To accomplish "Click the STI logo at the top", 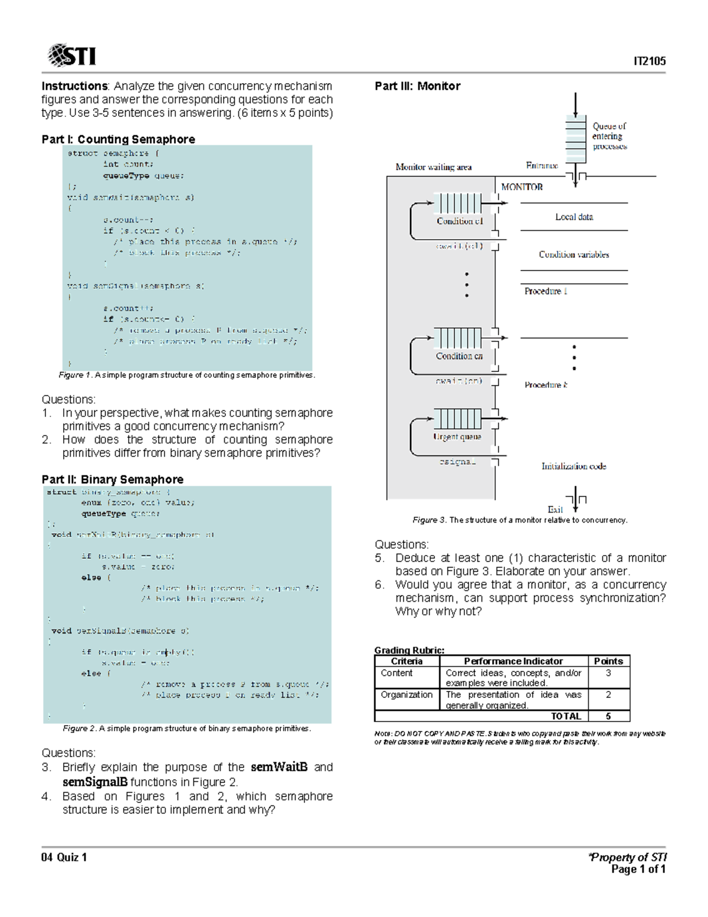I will coord(71,56).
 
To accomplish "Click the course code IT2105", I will coord(650,61).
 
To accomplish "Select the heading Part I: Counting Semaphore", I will coord(118,139).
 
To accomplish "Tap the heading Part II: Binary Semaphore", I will coord(112,479).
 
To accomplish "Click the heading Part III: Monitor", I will coord(417,86).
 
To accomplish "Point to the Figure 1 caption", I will coord(187,375).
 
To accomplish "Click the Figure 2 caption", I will coord(186,729).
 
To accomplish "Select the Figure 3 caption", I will coord(519,520).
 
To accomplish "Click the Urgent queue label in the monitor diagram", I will coord(457,437).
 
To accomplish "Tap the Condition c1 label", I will coord(460,221).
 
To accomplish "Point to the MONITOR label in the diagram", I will coord(522,187).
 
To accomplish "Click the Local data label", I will coord(573,217).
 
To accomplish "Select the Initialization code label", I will coord(573,466).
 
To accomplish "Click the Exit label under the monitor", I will coord(555,510).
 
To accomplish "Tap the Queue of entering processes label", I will coord(609,136).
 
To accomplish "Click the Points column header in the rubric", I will coord(608,661).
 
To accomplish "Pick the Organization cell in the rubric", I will coord(407,695).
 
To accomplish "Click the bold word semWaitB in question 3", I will coord(279,767).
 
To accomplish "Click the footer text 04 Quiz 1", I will coord(64,857).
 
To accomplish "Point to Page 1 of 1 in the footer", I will coord(638,869).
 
